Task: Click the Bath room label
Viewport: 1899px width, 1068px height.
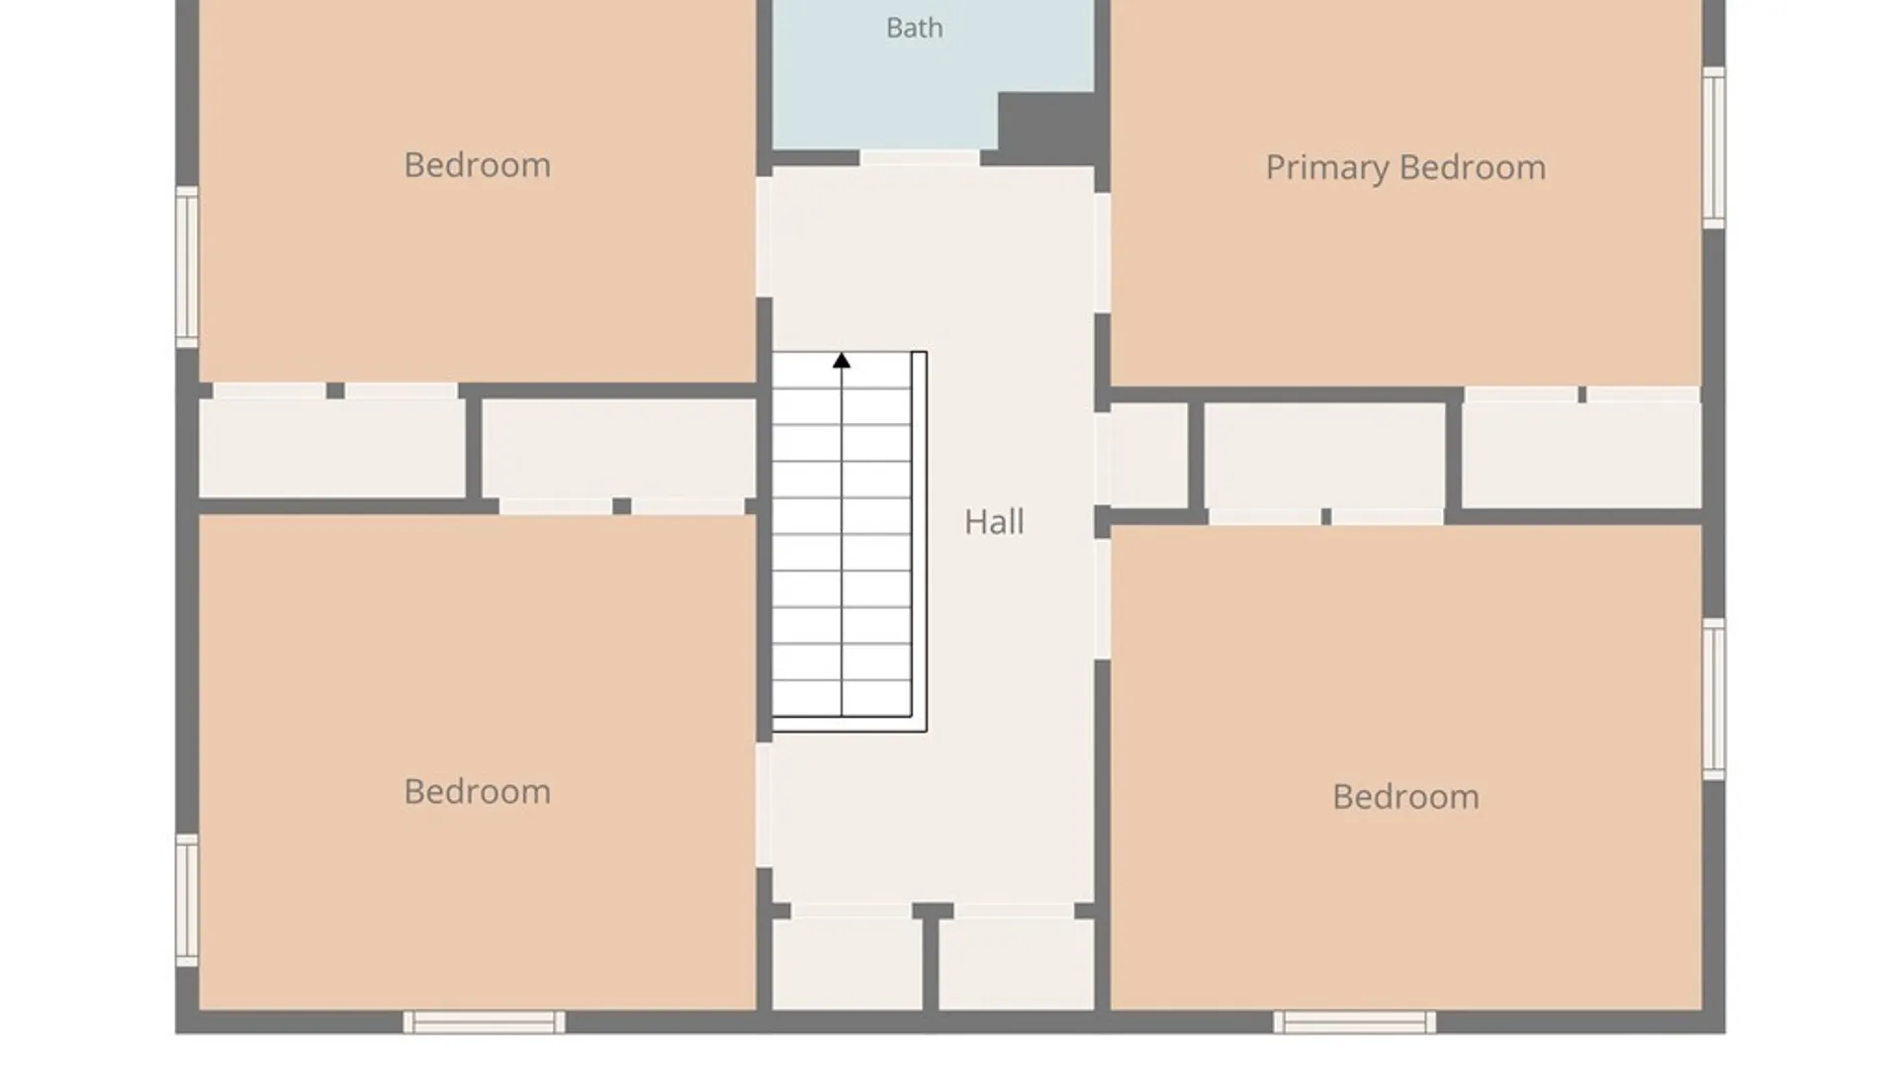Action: pyautogui.click(x=914, y=28)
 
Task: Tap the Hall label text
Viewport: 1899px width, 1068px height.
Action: pyautogui.click(x=994, y=521)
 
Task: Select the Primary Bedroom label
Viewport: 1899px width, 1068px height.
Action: pyautogui.click(x=1405, y=167)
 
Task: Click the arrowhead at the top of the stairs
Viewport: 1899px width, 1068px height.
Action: pyautogui.click(x=842, y=360)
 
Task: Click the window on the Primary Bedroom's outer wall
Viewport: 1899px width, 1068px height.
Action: pyautogui.click(x=1714, y=147)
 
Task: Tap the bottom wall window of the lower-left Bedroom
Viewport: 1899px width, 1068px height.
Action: pyautogui.click(x=484, y=1023)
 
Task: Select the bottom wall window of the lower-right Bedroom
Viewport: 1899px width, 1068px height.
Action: pyautogui.click(x=1354, y=1023)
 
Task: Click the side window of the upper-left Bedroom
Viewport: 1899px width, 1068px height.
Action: pyautogui.click(x=187, y=267)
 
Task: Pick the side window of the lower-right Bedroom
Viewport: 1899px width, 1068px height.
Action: pyautogui.click(x=1714, y=699)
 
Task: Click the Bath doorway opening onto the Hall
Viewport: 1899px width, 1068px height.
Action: pyautogui.click(x=920, y=158)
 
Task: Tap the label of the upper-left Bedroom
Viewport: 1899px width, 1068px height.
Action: pyautogui.click(x=477, y=164)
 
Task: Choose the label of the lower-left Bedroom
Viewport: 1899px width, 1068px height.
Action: pyautogui.click(x=477, y=791)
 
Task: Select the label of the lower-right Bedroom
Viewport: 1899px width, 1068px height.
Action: pyautogui.click(x=1405, y=796)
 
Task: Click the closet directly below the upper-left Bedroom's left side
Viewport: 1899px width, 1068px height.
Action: pyautogui.click(x=332, y=448)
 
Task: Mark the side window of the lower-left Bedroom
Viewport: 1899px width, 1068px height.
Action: pyautogui.click(x=187, y=900)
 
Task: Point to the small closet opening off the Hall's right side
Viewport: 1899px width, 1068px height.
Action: pyautogui.click(x=1149, y=455)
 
